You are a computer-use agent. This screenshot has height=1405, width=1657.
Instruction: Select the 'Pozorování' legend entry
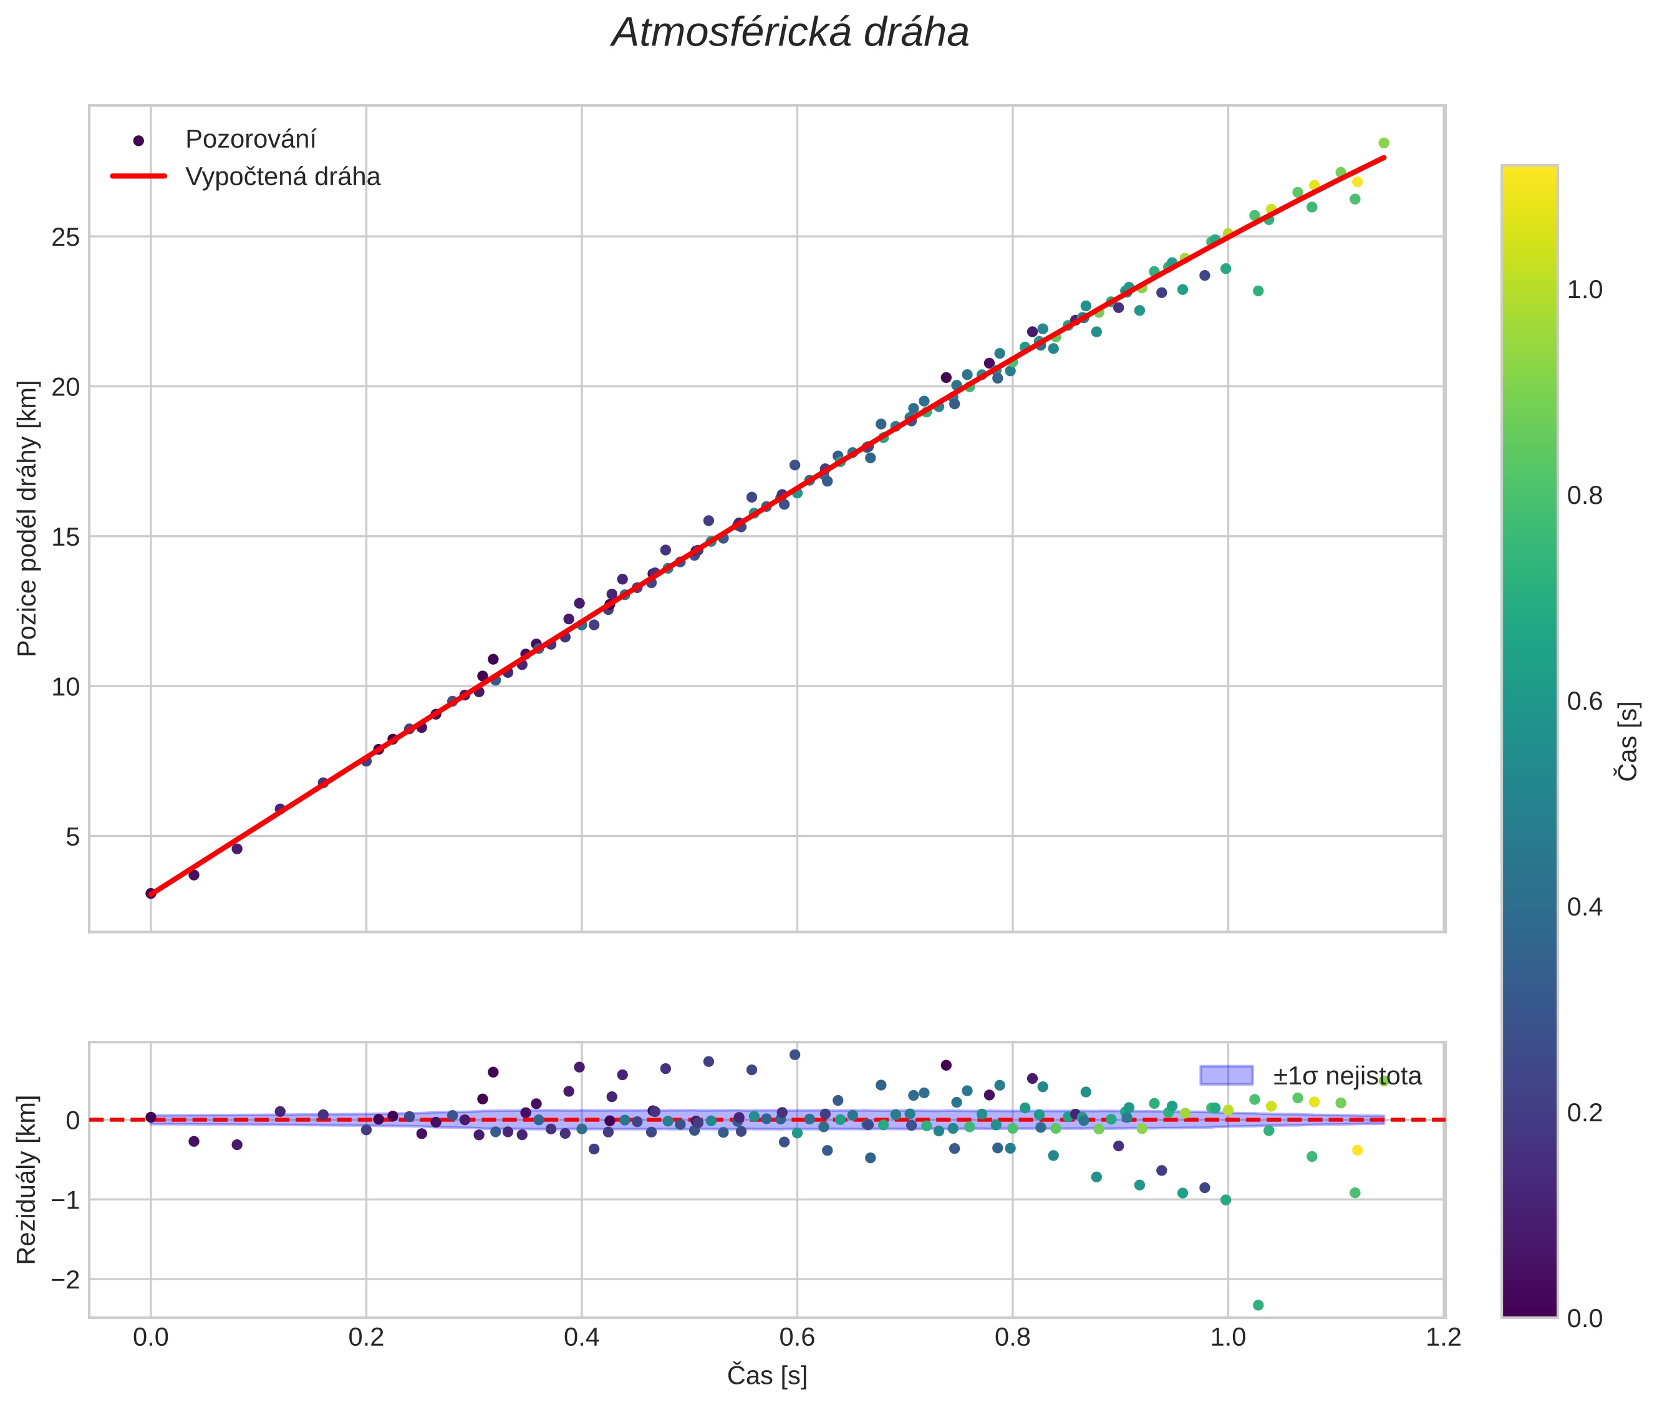tap(250, 140)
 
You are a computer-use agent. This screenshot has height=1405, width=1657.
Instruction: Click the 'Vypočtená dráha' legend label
tap(283, 177)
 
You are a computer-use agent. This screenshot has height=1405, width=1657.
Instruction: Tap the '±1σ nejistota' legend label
tap(1346, 1076)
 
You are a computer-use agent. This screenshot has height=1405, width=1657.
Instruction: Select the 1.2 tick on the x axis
tap(1444, 1337)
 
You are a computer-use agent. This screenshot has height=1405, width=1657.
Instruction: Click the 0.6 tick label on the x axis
tap(798, 1337)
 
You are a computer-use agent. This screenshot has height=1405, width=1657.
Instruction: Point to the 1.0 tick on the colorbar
tap(1585, 290)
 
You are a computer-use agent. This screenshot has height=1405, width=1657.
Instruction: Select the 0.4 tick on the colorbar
tap(1585, 907)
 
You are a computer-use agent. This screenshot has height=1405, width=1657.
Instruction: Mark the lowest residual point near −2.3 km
tap(1258, 1305)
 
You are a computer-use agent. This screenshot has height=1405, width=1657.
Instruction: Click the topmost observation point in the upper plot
tap(1384, 143)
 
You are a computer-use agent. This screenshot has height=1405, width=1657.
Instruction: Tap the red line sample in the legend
tap(138, 176)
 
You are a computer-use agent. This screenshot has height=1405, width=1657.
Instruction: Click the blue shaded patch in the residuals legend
tap(1226, 1075)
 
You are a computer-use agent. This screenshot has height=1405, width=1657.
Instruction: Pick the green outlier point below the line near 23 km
tap(1258, 291)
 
